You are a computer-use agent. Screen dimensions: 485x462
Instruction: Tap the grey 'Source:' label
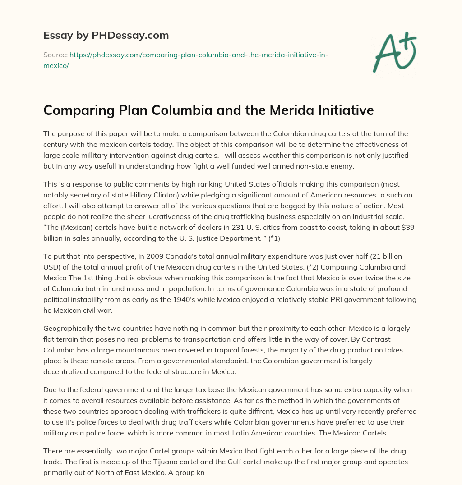pos(55,55)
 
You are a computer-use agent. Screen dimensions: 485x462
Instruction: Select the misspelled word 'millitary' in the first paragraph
pos(98,156)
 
